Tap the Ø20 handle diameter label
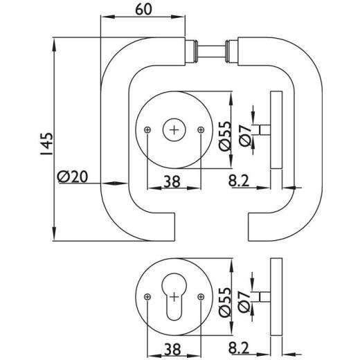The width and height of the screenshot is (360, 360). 73,177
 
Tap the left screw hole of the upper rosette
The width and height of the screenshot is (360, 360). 147,129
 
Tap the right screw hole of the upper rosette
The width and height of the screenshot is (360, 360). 201,129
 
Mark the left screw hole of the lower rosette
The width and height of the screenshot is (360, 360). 147,296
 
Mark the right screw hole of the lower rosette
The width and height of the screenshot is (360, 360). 201,296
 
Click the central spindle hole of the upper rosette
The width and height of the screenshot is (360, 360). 174,129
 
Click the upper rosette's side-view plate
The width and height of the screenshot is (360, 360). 277,129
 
